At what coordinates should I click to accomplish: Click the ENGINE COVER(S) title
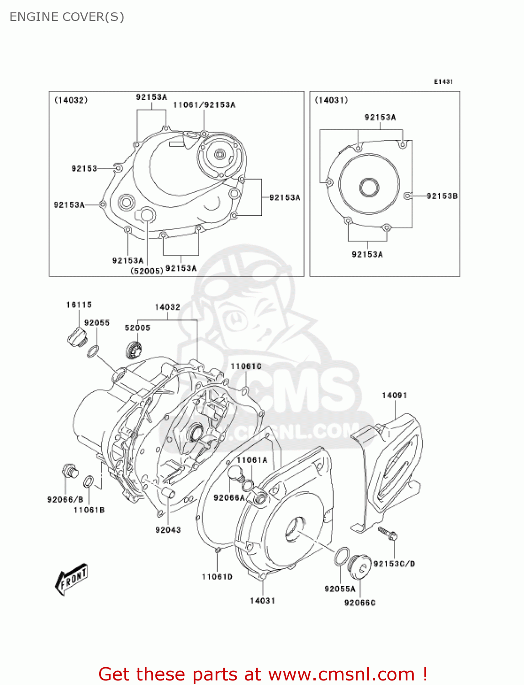pos(67,17)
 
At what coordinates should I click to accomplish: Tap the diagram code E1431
pos(443,82)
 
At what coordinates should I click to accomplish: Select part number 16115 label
pos(79,305)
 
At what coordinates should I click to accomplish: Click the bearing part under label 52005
pos(133,350)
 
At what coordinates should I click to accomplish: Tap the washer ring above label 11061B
pos(89,482)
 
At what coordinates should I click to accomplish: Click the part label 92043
pos(168,530)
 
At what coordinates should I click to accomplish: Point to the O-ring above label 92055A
pos(342,556)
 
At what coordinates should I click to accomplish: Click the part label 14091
pos(394,395)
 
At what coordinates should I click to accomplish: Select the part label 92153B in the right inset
pos(442,196)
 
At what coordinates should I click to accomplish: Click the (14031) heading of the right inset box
pos(331,100)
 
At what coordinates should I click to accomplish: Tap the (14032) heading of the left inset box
pos(71,100)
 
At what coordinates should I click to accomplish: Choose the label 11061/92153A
pos(204,105)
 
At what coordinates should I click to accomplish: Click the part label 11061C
pos(246,366)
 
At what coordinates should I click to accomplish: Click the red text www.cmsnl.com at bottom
pos(341,674)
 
